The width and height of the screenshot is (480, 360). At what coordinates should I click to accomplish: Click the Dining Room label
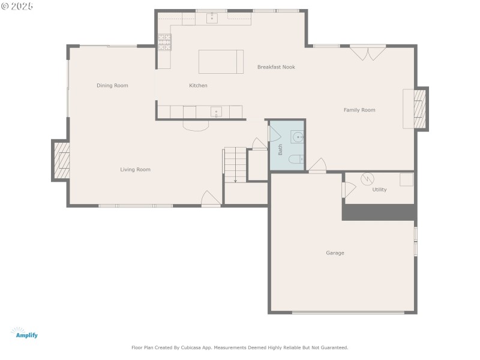tap(112, 86)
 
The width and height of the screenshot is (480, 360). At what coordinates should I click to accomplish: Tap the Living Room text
tap(135, 170)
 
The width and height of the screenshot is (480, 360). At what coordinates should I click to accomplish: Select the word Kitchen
tap(198, 86)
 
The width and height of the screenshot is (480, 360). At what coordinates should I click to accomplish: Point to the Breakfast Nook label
tap(276, 67)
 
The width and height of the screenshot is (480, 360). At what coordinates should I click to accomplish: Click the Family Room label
tap(359, 110)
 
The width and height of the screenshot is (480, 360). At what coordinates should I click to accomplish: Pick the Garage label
tap(335, 253)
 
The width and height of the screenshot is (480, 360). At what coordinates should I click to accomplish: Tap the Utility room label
tap(379, 190)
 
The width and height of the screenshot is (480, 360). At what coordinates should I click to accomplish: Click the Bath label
tap(280, 149)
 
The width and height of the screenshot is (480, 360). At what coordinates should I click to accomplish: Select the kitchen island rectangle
tap(221, 62)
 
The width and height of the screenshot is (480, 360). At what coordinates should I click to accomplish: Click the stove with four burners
tap(164, 41)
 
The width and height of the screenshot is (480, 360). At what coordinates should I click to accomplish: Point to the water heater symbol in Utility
tap(367, 179)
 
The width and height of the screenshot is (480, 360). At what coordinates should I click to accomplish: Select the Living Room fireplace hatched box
tap(61, 160)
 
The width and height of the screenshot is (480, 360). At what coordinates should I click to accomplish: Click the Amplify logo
tap(25, 333)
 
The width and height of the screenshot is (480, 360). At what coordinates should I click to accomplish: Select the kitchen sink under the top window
tap(212, 18)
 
